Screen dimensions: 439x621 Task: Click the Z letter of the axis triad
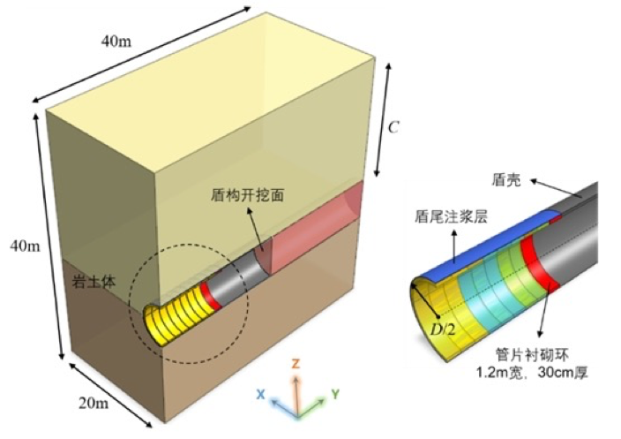coord(297,363)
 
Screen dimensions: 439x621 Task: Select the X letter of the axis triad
coord(261,395)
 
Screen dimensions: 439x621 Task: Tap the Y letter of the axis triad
coord(335,393)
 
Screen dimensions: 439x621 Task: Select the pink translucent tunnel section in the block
coord(313,234)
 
